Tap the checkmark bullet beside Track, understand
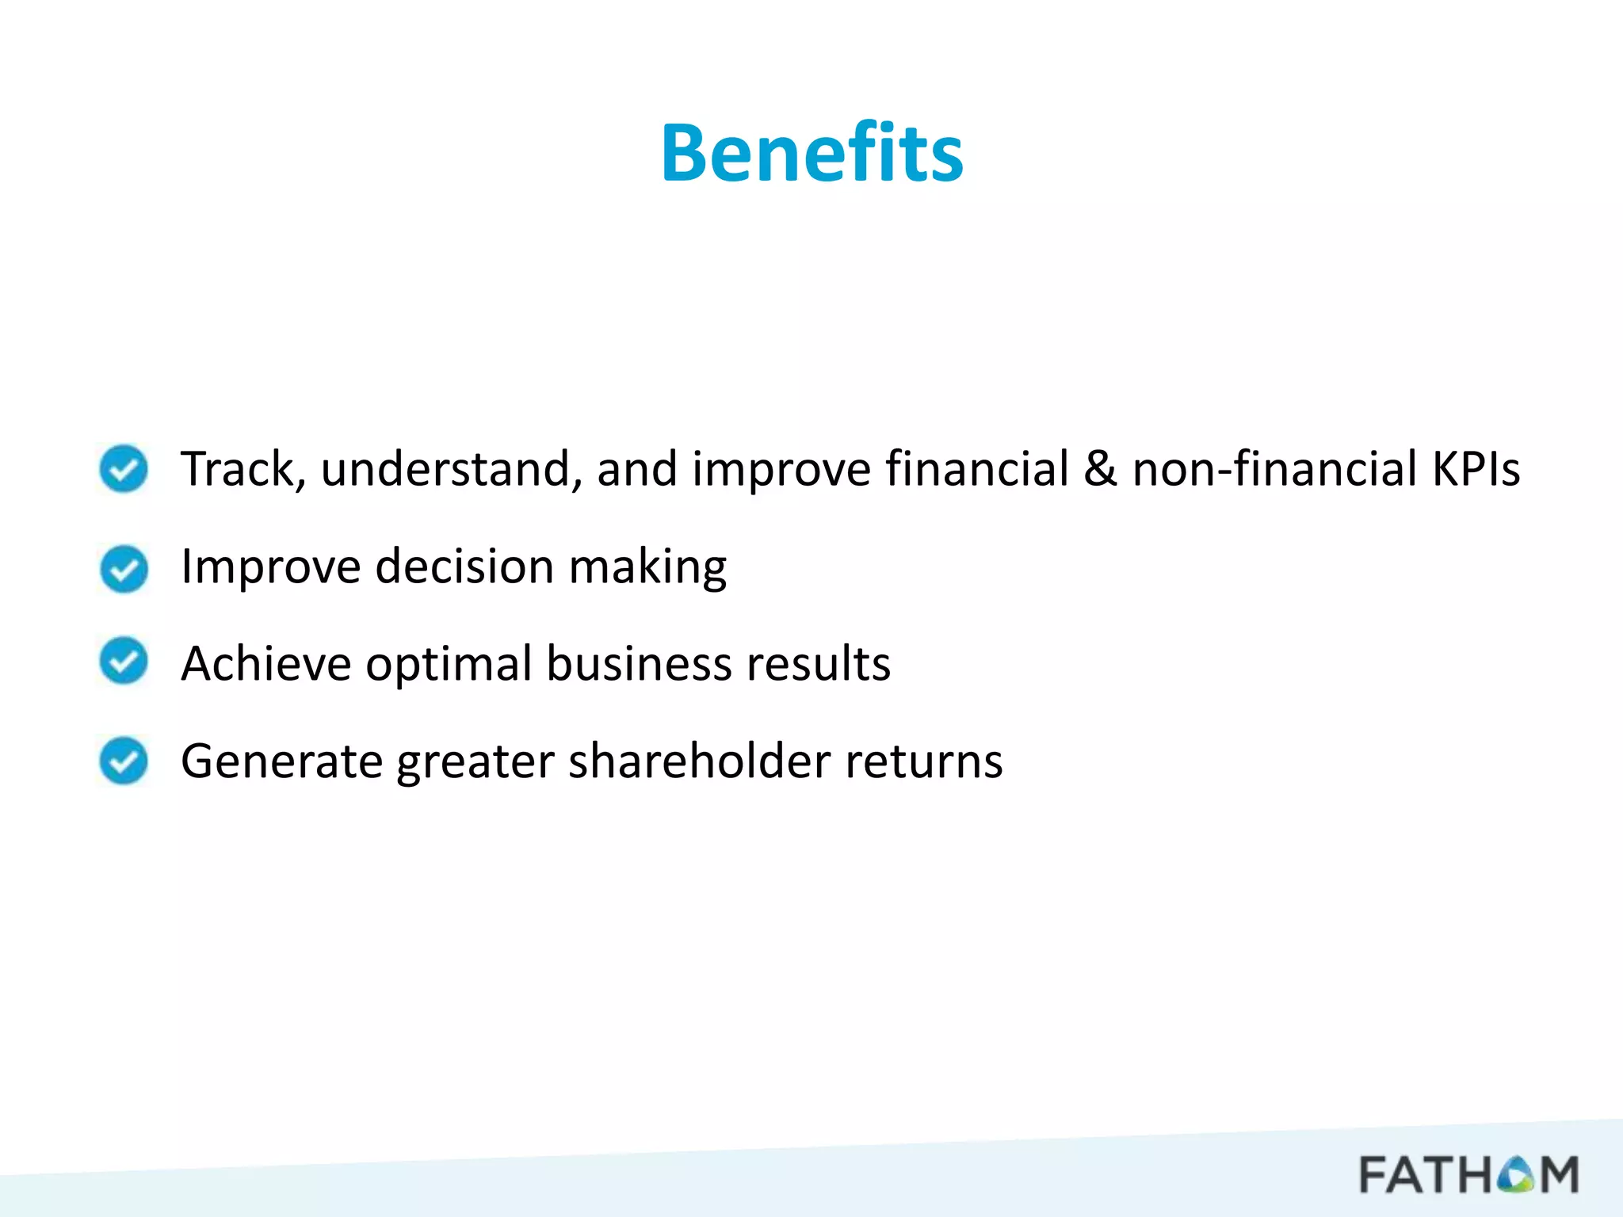click(124, 468)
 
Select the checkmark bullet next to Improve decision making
click(124, 568)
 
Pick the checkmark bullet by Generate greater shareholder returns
click(124, 761)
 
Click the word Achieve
click(266, 664)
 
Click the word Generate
click(282, 762)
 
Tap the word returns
click(923, 762)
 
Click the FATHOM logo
click(1468, 1174)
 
